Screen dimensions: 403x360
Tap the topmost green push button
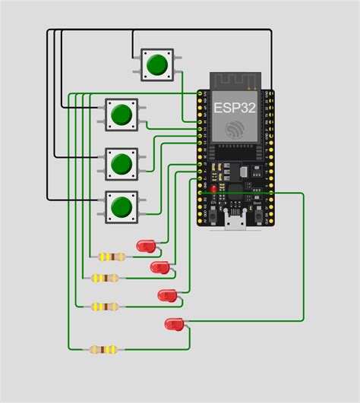[x=157, y=65]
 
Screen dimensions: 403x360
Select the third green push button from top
[x=121, y=162]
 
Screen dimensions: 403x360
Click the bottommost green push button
[x=121, y=206]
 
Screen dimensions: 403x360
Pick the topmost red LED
[x=145, y=246]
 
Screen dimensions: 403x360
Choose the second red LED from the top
[x=159, y=267]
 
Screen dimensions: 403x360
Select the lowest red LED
[x=174, y=324]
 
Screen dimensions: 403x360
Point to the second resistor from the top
[x=106, y=278]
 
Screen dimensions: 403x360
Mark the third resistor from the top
[x=105, y=307]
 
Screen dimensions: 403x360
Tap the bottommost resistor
[x=103, y=350]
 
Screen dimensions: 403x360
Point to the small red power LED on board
[x=214, y=187]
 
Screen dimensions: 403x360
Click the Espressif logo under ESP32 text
[x=235, y=128]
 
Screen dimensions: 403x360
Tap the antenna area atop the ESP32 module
[x=235, y=80]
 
